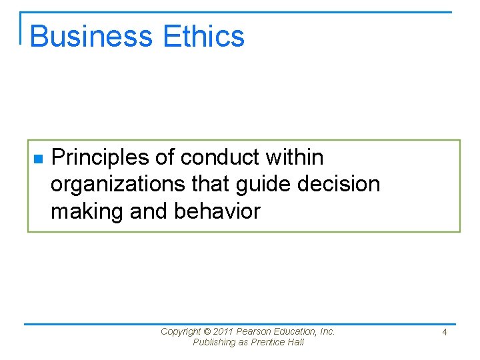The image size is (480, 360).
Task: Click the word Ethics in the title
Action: pyautogui.click(x=209, y=36)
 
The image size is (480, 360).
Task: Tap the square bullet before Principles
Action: pyautogui.click(x=38, y=159)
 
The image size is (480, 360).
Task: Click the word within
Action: pyautogui.click(x=294, y=157)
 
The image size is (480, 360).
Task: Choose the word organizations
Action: pyautogui.click(x=113, y=185)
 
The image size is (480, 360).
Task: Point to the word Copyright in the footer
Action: pyautogui.click(x=181, y=331)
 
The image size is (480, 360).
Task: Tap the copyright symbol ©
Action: pyautogui.click(x=207, y=331)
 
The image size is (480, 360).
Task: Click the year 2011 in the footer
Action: pyautogui.click(x=223, y=331)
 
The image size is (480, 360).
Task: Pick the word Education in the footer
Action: pyautogui.click(x=297, y=331)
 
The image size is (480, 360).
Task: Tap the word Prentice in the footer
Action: pyautogui.click(x=271, y=343)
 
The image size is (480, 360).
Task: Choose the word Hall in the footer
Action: pyautogui.click(x=297, y=343)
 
